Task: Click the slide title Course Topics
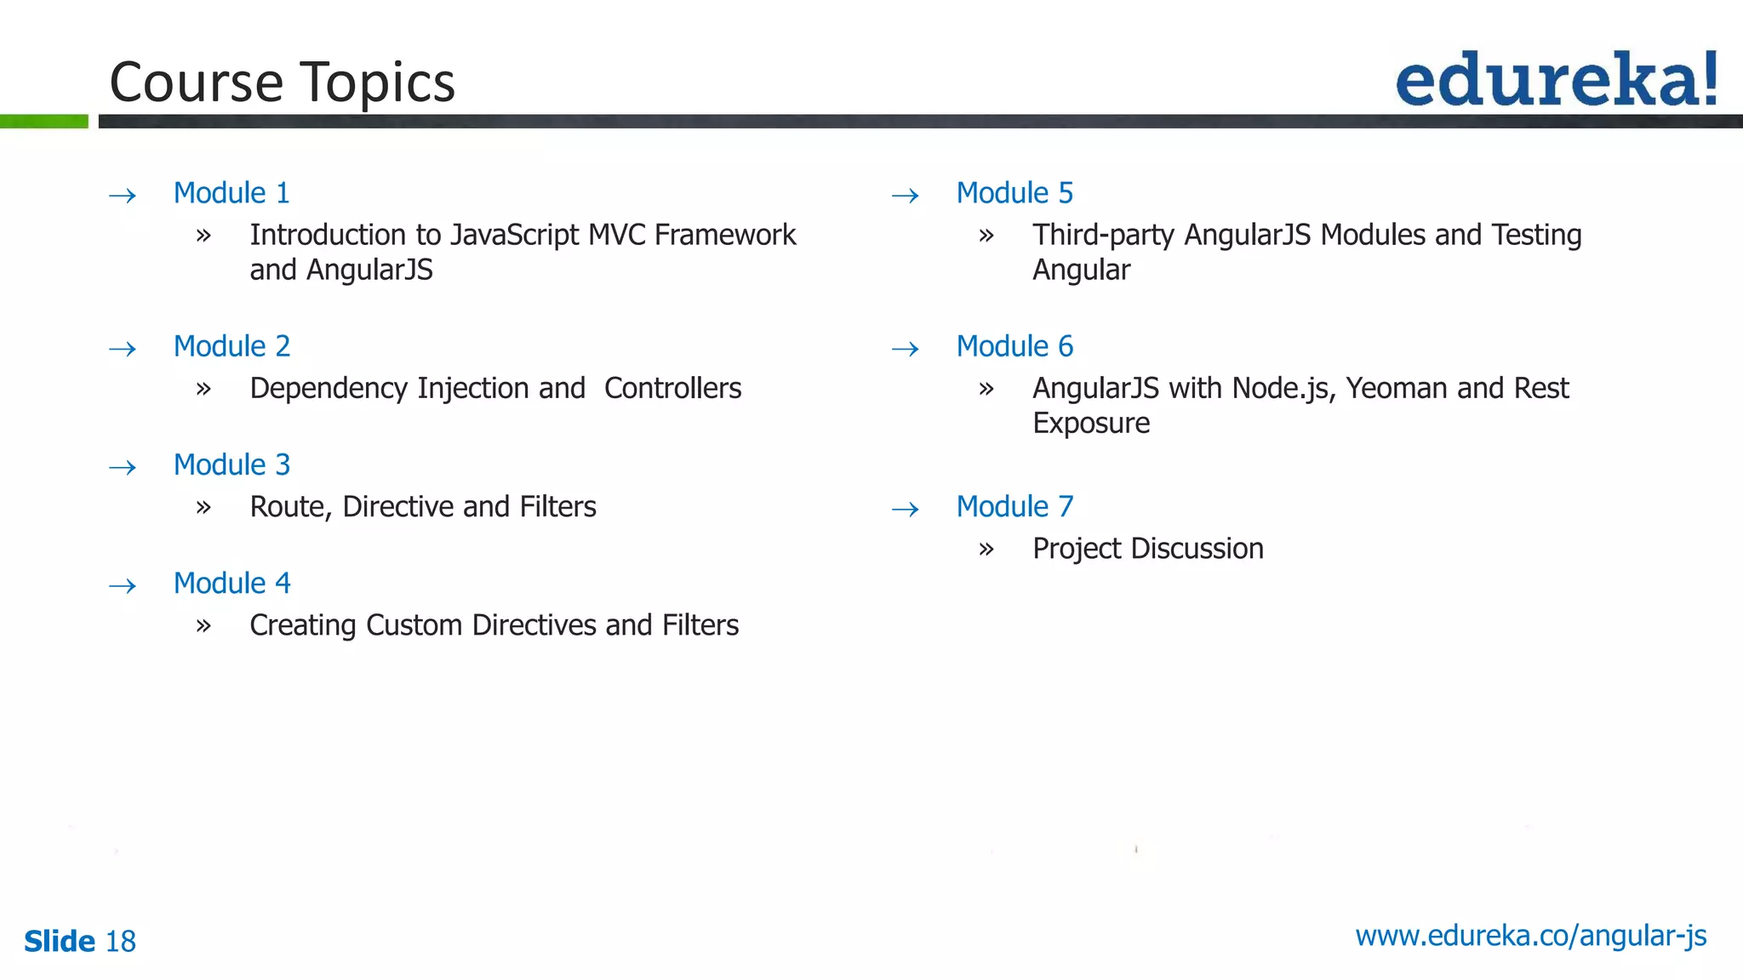(282, 83)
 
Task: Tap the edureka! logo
(1556, 79)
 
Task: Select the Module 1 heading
(231, 193)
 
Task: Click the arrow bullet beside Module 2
(123, 349)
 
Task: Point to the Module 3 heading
(231, 465)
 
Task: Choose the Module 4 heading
(231, 584)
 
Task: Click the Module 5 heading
(1014, 193)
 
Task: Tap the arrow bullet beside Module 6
(906, 349)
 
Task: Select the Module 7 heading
(1014, 507)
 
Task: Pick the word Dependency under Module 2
(329, 389)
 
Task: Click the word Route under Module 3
(290, 507)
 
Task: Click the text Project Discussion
(1147, 549)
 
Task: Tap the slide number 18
(120, 942)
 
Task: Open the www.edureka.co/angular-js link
(1530, 936)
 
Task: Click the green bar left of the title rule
(43, 122)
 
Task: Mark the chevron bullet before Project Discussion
(986, 550)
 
